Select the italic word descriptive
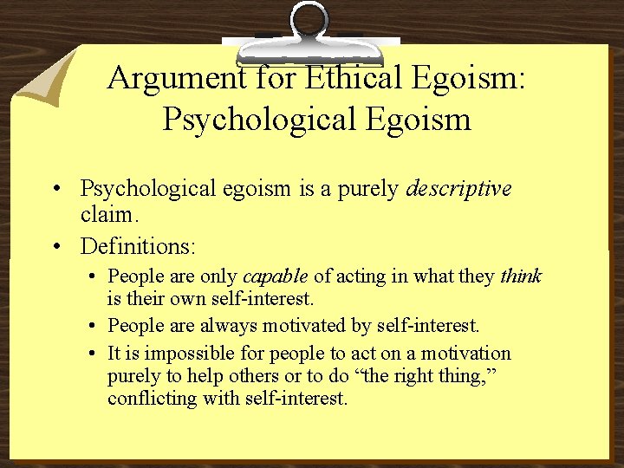tap(459, 189)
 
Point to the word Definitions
tap(138, 246)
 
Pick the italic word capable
tap(275, 276)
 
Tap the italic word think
tap(521, 276)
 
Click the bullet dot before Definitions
tap(55, 247)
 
